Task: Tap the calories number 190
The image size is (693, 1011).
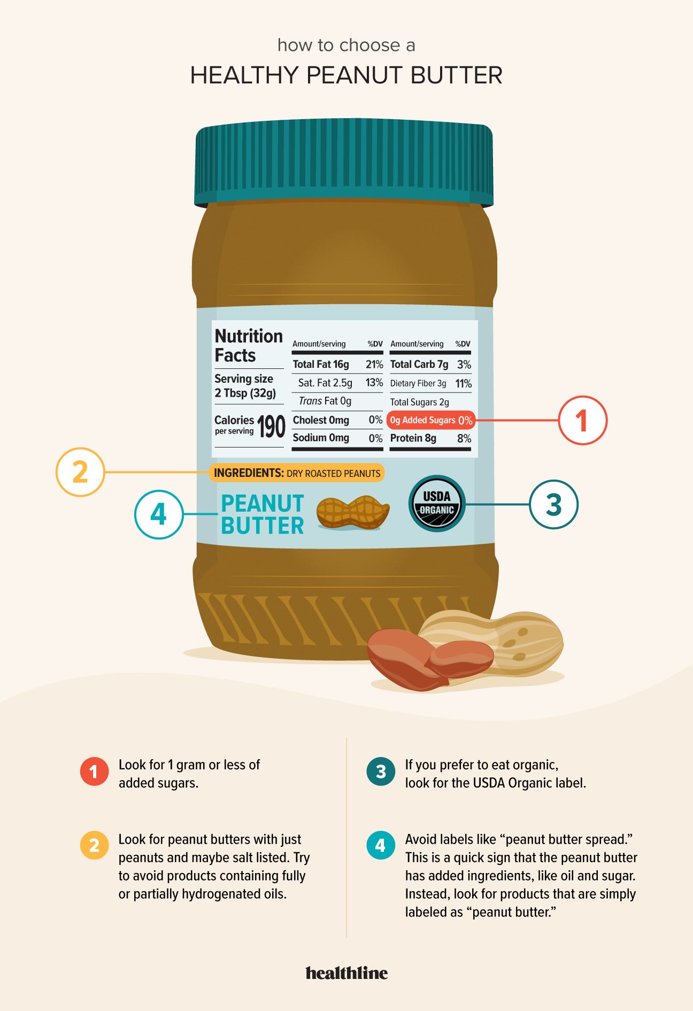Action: click(x=271, y=427)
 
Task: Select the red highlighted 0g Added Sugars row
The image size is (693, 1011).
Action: click(x=430, y=420)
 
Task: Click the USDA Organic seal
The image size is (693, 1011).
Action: click(x=437, y=504)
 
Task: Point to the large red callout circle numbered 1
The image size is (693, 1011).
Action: click(x=582, y=420)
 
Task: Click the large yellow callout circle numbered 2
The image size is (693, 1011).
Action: click(x=80, y=472)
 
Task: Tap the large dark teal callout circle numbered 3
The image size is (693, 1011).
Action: click(x=553, y=504)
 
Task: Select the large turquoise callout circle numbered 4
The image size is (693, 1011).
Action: click(x=159, y=514)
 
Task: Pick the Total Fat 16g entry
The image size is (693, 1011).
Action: click(x=321, y=365)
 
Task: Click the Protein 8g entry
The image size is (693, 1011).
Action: click(x=413, y=438)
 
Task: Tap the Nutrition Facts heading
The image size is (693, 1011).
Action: click(x=248, y=345)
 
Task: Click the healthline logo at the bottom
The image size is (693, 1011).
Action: click(x=346, y=973)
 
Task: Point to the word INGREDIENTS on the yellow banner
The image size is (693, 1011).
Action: click(x=248, y=473)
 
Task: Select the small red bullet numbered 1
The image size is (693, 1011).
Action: click(x=94, y=771)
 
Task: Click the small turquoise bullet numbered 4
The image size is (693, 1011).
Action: click(x=380, y=845)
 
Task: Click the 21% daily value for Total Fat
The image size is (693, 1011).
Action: click(x=374, y=365)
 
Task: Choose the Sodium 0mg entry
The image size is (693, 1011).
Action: click(x=321, y=438)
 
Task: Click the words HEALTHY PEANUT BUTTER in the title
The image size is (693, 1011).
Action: click(x=346, y=75)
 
